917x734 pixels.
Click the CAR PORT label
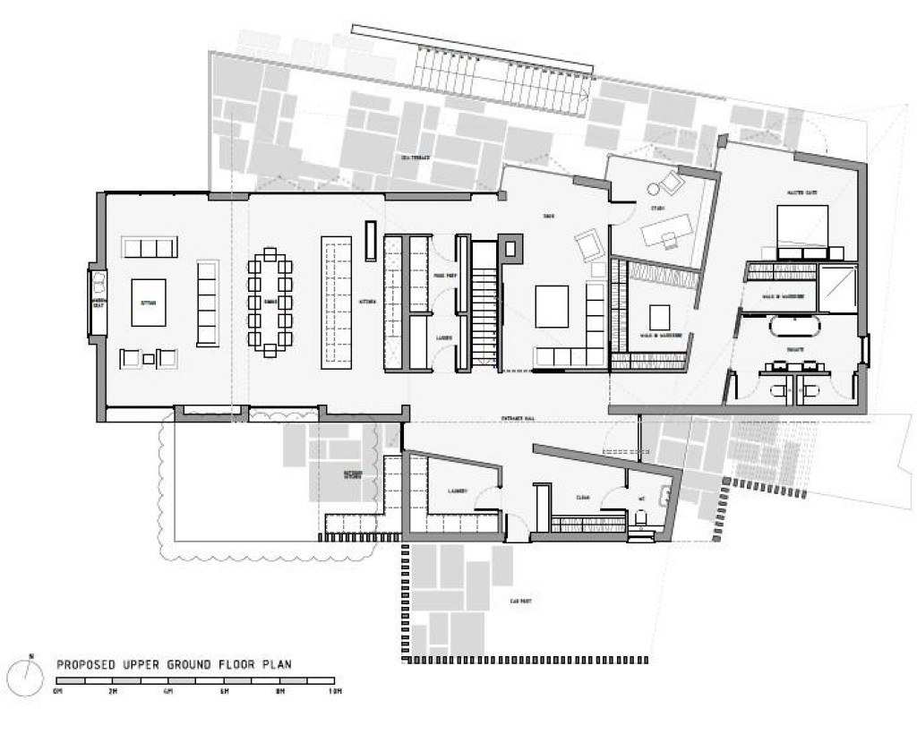coord(521,602)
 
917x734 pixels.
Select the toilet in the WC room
coord(641,518)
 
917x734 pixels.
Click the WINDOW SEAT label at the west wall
coord(98,303)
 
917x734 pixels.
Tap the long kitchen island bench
coord(336,303)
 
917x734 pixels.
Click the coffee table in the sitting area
coord(149,303)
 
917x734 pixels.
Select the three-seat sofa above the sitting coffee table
coord(150,248)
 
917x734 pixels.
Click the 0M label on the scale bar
coord(59,693)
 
